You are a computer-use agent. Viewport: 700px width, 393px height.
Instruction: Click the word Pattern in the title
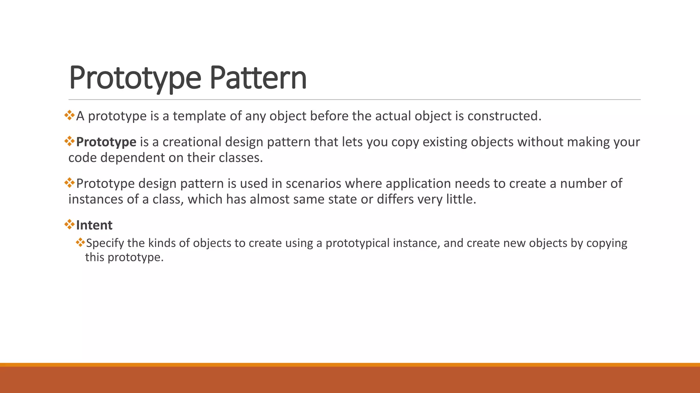coord(258,78)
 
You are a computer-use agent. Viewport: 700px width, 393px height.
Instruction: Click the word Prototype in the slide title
coord(135,78)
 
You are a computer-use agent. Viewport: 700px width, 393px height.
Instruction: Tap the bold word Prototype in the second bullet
coord(106,142)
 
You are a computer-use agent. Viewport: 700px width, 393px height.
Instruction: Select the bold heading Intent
coord(94,225)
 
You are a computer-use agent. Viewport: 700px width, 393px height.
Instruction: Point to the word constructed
coord(504,116)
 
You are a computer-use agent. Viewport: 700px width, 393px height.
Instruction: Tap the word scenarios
coord(313,184)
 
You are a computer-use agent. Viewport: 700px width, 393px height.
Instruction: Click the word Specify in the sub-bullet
coord(105,243)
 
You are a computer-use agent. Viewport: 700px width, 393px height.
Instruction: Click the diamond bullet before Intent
coord(69,224)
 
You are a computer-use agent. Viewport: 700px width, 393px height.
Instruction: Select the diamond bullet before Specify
coord(80,243)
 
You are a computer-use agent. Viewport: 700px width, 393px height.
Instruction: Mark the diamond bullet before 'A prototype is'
coord(69,115)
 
